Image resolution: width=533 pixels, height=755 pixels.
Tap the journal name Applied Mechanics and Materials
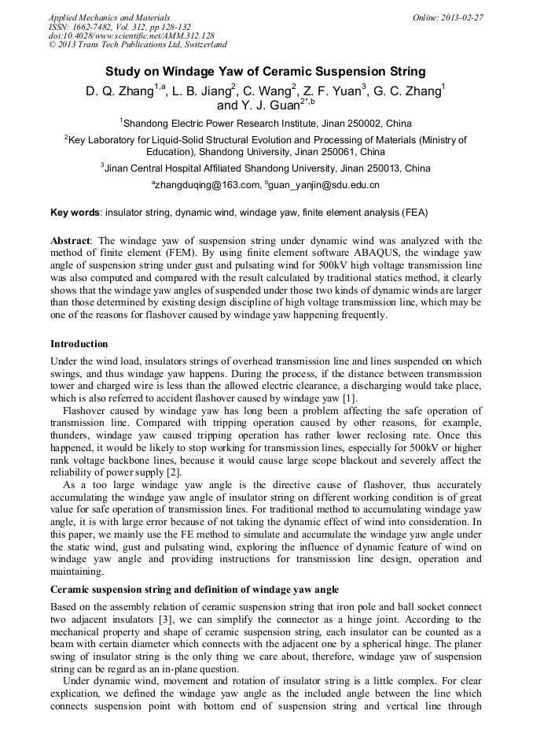click(109, 17)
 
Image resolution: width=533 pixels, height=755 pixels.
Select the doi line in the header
click(131, 35)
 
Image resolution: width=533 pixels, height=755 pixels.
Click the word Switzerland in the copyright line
click(200, 45)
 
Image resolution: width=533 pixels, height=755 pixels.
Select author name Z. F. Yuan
click(331, 91)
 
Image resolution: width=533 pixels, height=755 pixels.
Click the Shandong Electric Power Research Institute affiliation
click(267, 123)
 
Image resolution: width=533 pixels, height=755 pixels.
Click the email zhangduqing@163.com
click(206, 185)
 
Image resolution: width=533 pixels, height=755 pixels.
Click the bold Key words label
click(75, 213)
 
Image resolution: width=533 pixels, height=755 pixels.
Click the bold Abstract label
click(71, 240)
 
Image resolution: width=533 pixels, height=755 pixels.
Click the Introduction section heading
click(79, 344)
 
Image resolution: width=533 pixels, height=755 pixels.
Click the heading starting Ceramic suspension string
click(194, 589)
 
